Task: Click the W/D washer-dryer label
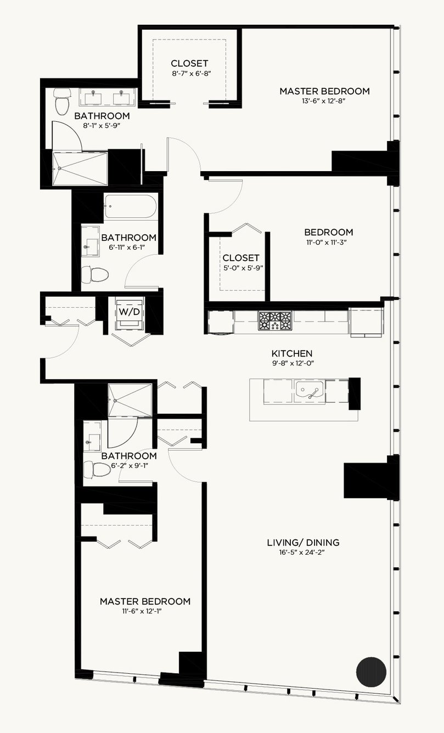[130, 312]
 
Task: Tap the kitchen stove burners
[275, 320]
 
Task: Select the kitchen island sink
[310, 391]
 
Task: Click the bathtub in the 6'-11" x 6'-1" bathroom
[130, 206]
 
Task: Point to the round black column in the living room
[371, 671]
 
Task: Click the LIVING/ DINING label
[303, 543]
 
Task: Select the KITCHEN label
[292, 353]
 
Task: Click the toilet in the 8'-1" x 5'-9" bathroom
[62, 101]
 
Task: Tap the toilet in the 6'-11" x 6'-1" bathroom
[94, 274]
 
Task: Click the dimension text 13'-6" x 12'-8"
[324, 101]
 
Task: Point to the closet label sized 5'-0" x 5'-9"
[241, 258]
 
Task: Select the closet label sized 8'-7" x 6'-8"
[189, 63]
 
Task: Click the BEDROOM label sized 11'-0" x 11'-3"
[328, 232]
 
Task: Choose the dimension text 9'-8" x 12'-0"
[293, 363]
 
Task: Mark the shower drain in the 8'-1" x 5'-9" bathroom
[59, 168]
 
